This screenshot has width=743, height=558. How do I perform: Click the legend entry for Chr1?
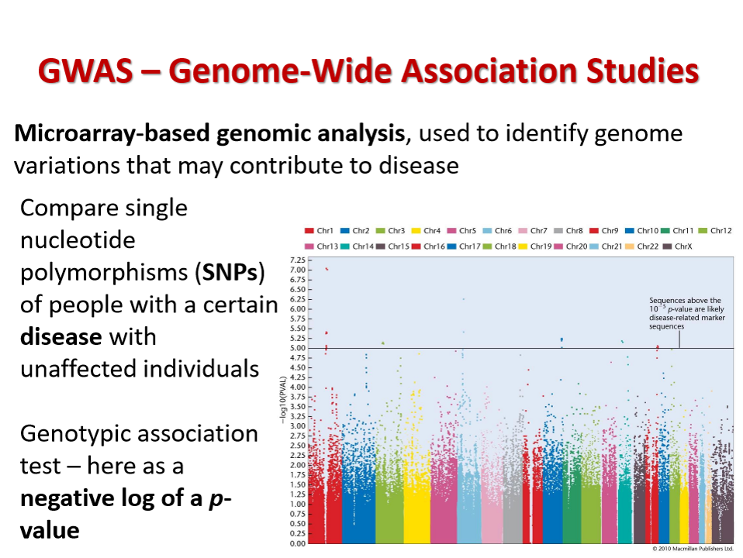[320, 231]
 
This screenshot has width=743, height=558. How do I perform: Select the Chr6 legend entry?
[497, 231]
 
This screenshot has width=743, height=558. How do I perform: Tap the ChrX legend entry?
[677, 246]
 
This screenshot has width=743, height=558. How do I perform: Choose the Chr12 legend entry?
[715, 231]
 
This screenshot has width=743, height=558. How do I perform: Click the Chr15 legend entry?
[394, 246]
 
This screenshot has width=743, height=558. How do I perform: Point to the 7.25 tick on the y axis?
[295, 260]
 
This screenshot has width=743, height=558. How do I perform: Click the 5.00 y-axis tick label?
[295, 348]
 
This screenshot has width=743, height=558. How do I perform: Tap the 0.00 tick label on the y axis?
[295, 543]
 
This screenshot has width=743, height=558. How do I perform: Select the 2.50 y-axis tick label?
[295, 446]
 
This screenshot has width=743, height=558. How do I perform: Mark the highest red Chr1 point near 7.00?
[327, 269]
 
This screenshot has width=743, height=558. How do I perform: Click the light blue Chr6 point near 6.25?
[464, 299]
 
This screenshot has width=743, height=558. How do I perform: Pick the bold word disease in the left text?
[60, 337]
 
